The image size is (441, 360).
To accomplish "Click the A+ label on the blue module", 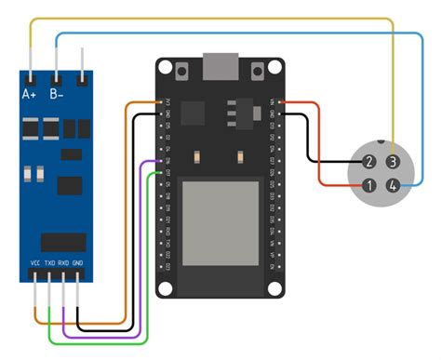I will click(x=29, y=94).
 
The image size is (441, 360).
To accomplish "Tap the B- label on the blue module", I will click(x=57, y=94).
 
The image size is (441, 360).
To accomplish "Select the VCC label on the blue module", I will click(x=35, y=263).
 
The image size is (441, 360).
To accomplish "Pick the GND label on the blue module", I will click(x=78, y=263).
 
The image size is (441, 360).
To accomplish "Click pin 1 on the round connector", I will click(x=369, y=186).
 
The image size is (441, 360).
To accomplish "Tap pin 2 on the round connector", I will click(x=369, y=162).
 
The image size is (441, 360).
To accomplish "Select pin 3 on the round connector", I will click(x=394, y=162).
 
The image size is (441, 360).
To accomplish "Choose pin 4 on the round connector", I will click(x=394, y=186).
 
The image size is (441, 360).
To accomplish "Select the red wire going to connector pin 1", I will click(x=321, y=149).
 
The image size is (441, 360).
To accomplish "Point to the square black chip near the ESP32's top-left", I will click(x=193, y=112).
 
